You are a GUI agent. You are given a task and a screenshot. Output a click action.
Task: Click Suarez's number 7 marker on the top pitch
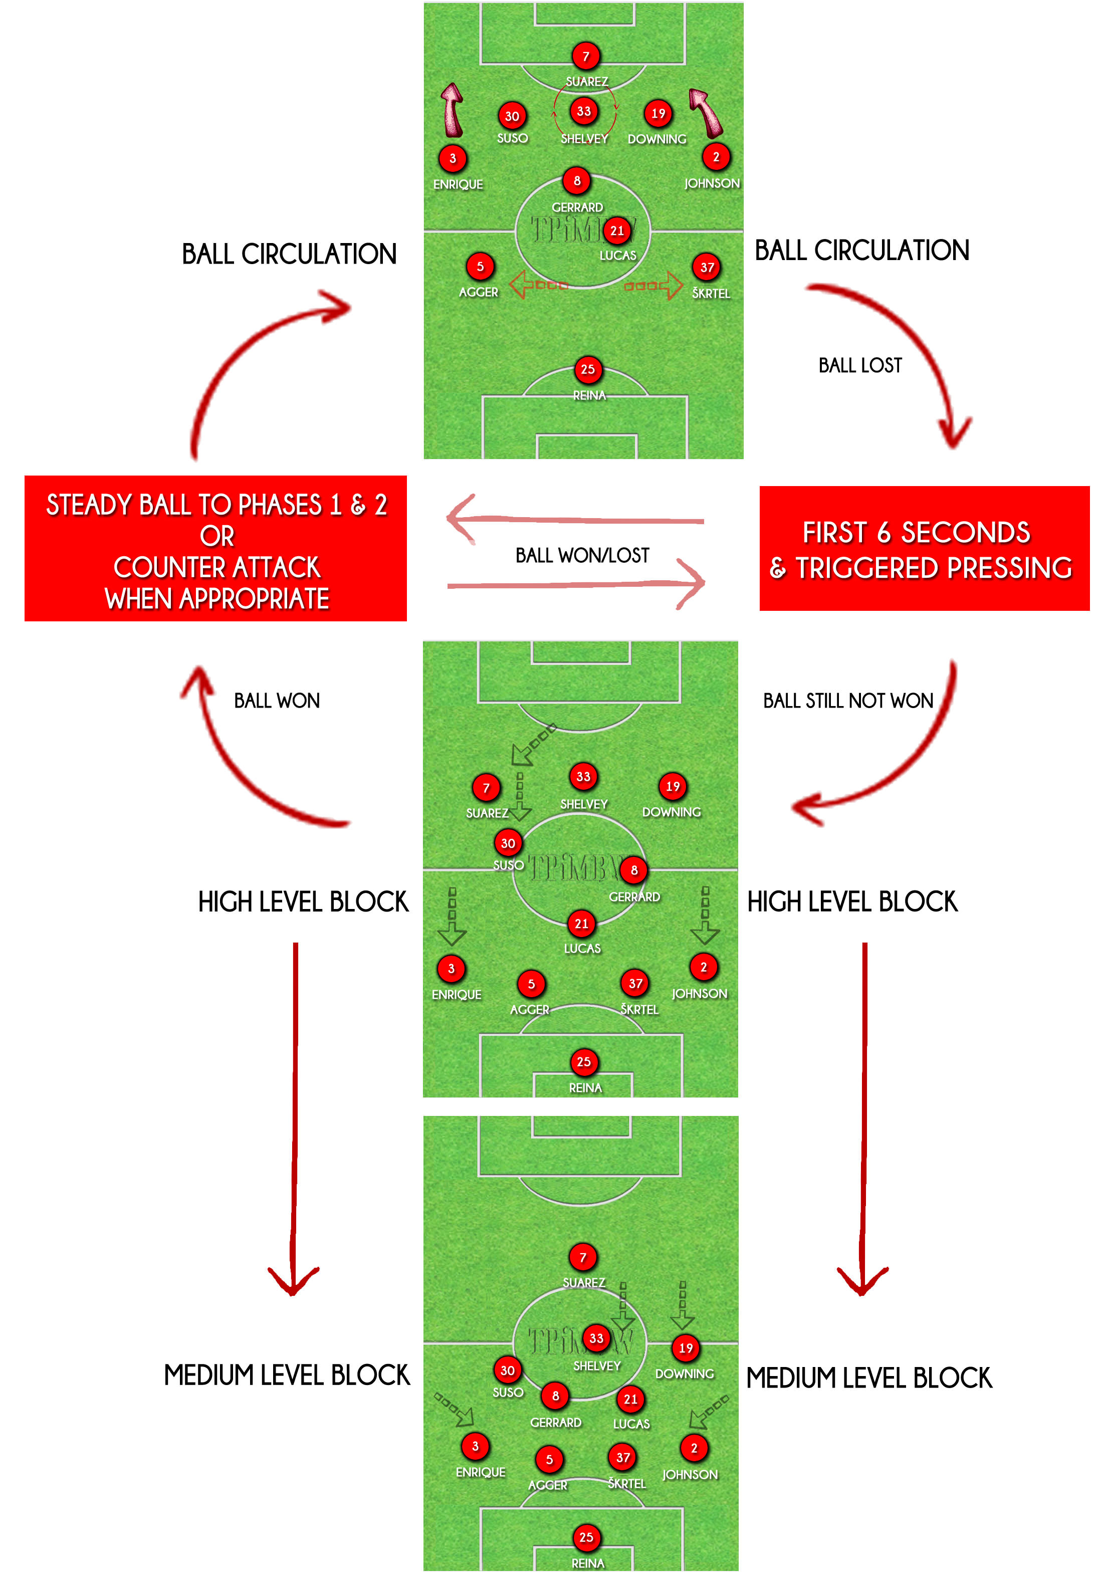point(586,57)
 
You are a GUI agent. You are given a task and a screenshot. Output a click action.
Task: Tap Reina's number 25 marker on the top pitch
point(587,369)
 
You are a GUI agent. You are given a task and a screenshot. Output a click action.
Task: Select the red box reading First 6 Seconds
point(924,549)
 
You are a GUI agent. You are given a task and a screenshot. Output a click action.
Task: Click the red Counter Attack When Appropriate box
point(215,549)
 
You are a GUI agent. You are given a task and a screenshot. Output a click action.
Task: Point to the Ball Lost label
point(859,365)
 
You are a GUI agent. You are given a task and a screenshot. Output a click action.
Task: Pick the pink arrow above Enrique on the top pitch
point(452,110)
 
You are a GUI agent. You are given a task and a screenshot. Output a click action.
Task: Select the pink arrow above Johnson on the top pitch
point(705,112)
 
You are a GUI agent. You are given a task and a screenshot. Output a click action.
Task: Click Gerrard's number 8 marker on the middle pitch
point(634,870)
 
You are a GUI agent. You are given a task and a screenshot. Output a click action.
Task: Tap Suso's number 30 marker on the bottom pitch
point(507,1370)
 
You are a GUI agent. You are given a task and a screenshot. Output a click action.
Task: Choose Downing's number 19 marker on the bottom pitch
point(686,1348)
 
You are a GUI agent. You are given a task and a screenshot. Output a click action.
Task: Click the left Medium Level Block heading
point(287,1376)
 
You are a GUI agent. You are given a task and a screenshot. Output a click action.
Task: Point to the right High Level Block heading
point(852,901)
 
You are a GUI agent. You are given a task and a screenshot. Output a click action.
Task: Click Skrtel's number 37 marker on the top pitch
point(707,268)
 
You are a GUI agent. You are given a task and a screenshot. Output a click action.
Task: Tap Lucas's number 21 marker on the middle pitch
point(582,924)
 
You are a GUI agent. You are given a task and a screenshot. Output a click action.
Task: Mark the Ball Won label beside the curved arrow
point(277,701)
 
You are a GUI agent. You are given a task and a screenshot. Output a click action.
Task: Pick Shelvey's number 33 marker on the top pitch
point(584,111)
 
